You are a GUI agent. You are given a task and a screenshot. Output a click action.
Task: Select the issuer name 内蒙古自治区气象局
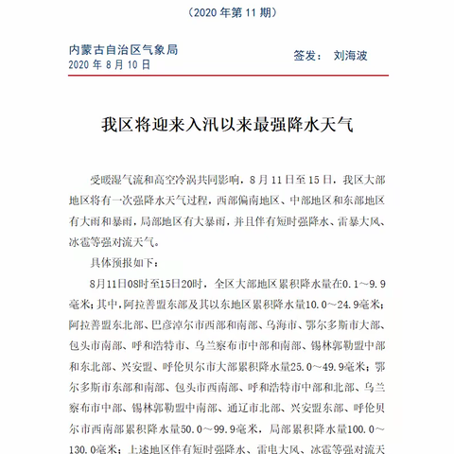click(124, 49)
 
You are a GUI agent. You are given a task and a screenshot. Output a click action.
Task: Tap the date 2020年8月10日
click(110, 64)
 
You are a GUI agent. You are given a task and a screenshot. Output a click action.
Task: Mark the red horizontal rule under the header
click(227, 80)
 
